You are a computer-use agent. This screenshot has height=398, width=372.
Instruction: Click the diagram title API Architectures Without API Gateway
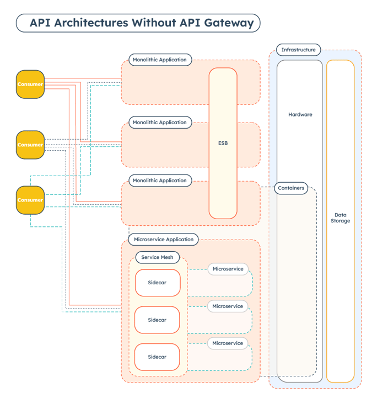pyautogui.click(x=138, y=23)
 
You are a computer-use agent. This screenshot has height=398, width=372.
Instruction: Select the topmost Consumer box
pyautogui.click(x=30, y=84)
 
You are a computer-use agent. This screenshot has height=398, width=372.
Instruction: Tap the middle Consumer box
pyautogui.click(x=30, y=145)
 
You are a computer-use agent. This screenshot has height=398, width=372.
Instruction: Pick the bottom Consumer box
pyautogui.click(x=30, y=200)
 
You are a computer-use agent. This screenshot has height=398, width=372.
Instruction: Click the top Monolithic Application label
pyautogui.click(x=160, y=60)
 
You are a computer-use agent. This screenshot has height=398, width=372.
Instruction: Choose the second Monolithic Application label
pyautogui.click(x=160, y=122)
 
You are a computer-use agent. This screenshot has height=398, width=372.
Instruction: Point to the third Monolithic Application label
pyautogui.click(x=160, y=181)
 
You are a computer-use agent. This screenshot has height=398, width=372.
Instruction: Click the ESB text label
pyautogui.click(x=223, y=143)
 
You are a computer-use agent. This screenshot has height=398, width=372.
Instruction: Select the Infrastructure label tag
pyautogui.click(x=298, y=50)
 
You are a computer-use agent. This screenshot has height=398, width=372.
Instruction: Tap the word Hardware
pyautogui.click(x=300, y=115)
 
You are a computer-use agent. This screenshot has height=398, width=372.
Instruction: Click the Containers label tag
pyautogui.click(x=291, y=188)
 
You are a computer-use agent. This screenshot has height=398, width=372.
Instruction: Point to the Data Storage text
pyautogui.click(x=341, y=217)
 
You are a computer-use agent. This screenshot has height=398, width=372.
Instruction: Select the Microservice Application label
pyautogui.click(x=164, y=240)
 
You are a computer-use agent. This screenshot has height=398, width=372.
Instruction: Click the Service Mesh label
pyautogui.click(x=158, y=257)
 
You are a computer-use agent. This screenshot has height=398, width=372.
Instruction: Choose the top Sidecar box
pyautogui.click(x=157, y=283)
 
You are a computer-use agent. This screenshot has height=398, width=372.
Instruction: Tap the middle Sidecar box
pyautogui.click(x=157, y=320)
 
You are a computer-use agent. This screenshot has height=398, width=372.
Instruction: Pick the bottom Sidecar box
pyautogui.click(x=157, y=357)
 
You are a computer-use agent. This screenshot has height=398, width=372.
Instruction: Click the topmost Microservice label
pyautogui.click(x=228, y=269)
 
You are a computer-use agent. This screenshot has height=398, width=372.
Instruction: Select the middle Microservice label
pyautogui.click(x=228, y=306)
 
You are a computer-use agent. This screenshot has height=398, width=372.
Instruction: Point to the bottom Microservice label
pyautogui.click(x=228, y=343)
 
